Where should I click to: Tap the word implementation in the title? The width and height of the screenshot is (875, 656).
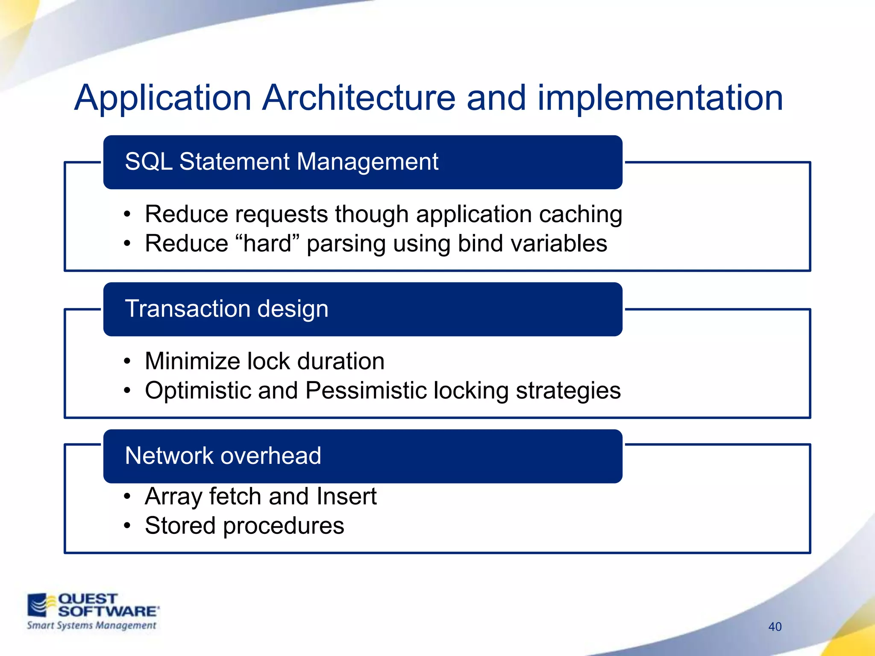pyautogui.click(x=660, y=98)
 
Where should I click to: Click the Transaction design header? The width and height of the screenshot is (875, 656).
pyautogui.click(x=226, y=309)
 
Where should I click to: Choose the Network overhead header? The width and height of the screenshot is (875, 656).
pyautogui.click(x=223, y=456)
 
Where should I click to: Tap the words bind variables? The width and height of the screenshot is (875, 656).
pyautogui.click(x=532, y=243)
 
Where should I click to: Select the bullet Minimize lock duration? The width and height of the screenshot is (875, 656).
pyautogui.click(x=264, y=361)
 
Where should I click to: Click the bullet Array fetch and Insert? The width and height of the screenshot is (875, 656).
pyautogui.click(x=261, y=497)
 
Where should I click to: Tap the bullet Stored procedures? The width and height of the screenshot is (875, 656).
pyautogui.click(x=244, y=526)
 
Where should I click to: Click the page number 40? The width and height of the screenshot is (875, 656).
pyautogui.click(x=775, y=627)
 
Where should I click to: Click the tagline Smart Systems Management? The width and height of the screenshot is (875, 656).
pyautogui.click(x=91, y=625)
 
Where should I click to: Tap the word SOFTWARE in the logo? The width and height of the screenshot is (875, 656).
pyautogui.click(x=108, y=611)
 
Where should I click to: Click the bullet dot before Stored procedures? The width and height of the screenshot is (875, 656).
pyautogui.click(x=127, y=526)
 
